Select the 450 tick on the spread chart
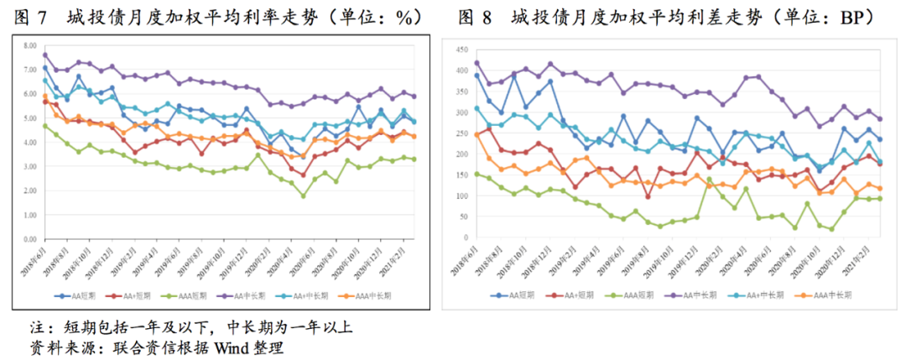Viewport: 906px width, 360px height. [x=460, y=51]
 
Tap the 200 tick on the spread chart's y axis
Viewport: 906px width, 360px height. [x=460, y=155]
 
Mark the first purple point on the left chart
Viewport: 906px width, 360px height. [x=45, y=55]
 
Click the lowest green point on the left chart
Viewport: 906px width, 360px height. [x=304, y=196]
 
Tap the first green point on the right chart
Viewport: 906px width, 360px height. [x=477, y=175]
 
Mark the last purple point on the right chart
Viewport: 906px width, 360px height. [x=880, y=119]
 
